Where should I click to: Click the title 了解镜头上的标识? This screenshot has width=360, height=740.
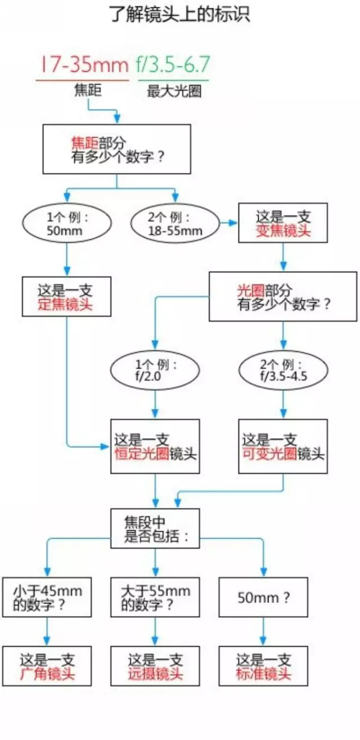[x=179, y=15]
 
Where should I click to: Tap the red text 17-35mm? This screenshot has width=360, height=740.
[x=83, y=66]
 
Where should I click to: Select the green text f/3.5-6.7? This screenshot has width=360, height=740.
[x=172, y=66]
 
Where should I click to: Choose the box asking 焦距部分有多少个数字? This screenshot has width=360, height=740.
[x=116, y=149]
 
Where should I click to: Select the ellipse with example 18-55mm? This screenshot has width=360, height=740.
[x=175, y=224]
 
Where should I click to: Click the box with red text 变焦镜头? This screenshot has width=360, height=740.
[x=283, y=223]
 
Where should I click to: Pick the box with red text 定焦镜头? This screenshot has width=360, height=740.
[x=66, y=296]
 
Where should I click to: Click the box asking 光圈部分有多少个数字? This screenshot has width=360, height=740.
[x=283, y=297]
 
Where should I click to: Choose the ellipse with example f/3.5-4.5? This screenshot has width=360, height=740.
[x=282, y=371]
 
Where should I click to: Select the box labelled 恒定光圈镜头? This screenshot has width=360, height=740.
[x=155, y=446]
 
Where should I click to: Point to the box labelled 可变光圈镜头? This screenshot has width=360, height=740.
[x=282, y=446]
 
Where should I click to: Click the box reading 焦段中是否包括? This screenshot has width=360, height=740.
[x=155, y=529]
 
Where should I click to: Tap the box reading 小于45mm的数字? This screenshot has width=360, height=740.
[x=47, y=597]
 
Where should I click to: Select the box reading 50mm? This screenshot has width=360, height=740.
[x=263, y=597]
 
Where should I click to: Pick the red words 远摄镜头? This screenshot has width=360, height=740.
[x=155, y=674]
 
